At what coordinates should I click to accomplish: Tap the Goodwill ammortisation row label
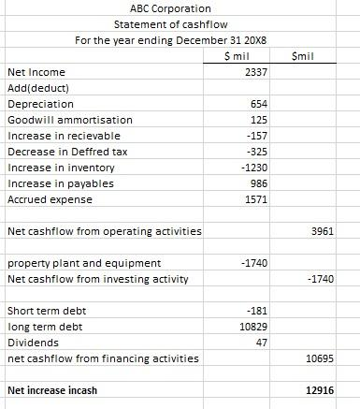(x=69, y=120)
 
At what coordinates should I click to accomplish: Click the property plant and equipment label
(x=83, y=263)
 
